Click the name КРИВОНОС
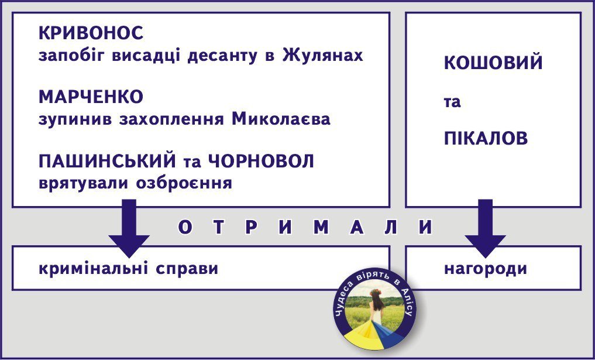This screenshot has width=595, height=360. click(91, 33)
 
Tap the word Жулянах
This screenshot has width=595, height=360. click(322, 56)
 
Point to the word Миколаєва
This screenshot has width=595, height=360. click(281, 119)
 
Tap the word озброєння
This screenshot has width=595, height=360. click(184, 183)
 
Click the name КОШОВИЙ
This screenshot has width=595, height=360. click(493, 63)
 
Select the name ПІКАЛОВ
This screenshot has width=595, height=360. click(486, 139)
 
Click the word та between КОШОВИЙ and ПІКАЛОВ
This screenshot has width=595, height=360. click(452, 102)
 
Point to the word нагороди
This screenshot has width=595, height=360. click(485, 269)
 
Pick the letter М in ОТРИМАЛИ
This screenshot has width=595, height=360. click(321, 228)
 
